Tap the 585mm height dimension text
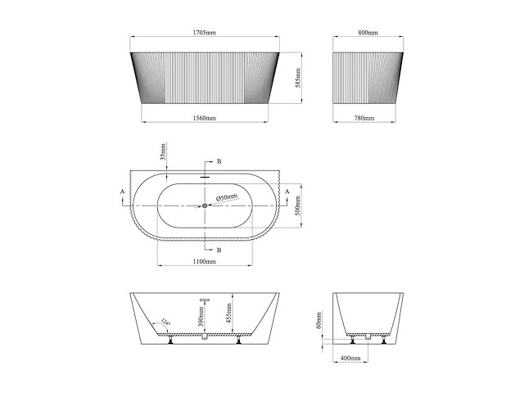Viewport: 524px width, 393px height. click(299, 78)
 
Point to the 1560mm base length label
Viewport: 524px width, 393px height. click(205, 119)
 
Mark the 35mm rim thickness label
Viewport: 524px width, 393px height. click(162, 153)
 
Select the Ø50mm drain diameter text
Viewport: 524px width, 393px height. click(227, 197)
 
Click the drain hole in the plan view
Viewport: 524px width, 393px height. click(205, 206)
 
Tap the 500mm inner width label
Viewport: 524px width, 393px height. click(299, 206)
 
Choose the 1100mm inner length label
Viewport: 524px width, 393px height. click(205, 261)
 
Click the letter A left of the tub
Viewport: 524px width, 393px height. click(123, 191)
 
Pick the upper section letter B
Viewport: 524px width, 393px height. click(218, 162)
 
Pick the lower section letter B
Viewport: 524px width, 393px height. click(218, 249)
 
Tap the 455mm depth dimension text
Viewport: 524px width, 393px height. click(231, 314)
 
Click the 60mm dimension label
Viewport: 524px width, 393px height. click(319, 319)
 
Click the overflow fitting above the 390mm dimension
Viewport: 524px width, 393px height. click(205, 301)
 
